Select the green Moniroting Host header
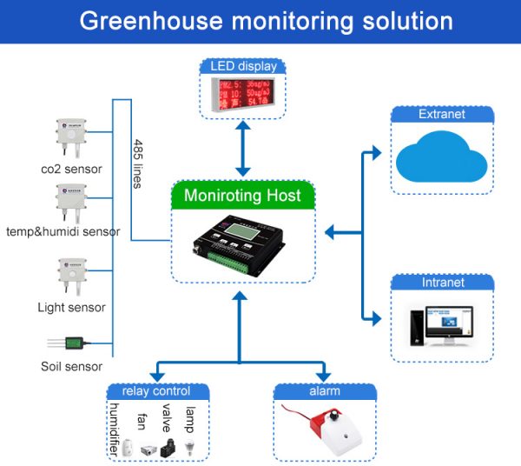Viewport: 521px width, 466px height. (242, 196)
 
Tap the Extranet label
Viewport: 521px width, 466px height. (441, 114)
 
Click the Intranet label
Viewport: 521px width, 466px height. (441, 282)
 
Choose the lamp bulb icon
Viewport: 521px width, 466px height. (193, 447)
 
